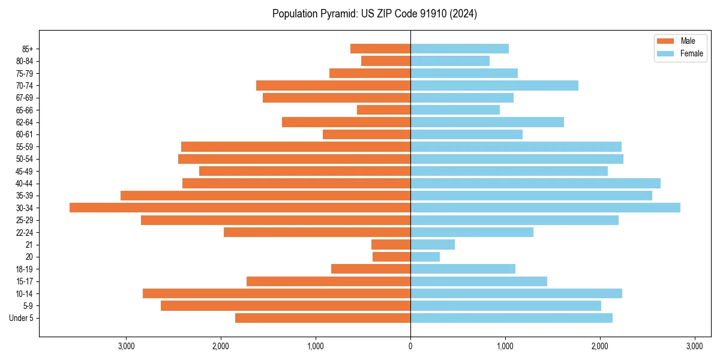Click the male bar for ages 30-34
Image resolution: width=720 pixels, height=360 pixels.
(x=240, y=208)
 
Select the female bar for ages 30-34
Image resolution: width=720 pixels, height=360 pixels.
(x=545, y=208)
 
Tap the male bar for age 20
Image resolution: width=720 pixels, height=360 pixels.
(x=391, y=257)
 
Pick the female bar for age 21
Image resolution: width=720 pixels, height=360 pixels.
(x=432, y=244)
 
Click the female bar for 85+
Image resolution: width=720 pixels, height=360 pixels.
(x=459, y=49)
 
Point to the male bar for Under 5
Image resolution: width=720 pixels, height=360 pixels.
(x=323, y=318)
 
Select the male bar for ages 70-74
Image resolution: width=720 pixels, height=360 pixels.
(x=333, y=85)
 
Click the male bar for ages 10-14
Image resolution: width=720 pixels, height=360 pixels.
(x=277, y=293)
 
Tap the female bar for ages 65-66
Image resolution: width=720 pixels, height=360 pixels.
(x=455, y=110)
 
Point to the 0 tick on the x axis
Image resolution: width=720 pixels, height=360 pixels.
(x=410, y=346)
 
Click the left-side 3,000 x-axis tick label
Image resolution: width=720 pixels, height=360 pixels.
(x=126, y=346)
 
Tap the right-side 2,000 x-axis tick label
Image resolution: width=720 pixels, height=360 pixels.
(x=600, y=346)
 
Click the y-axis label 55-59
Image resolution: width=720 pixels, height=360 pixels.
(x=24, y=146)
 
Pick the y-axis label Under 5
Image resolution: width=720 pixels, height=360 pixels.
(x=21, y=318)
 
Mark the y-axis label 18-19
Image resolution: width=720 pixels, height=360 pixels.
(x=24, y=269)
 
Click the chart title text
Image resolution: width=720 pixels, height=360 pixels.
(x=374, y=14)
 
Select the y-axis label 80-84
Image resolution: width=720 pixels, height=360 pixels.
(x=24, y=61)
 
